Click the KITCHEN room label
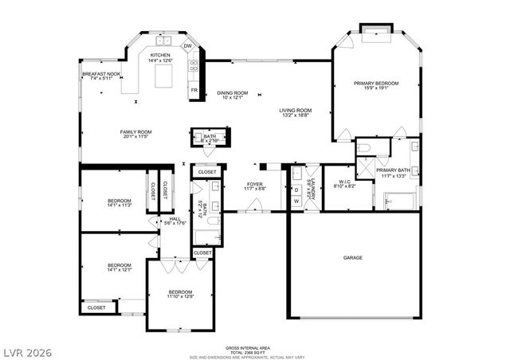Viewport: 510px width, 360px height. click(x=161, y=55)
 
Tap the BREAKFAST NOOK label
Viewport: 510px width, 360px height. click(x=101, y=73)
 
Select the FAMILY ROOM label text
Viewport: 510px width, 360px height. click(x=136, y=131)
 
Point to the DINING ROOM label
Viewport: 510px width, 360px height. click(x=233, y=93)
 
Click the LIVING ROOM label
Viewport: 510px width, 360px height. click(x=295, y=111)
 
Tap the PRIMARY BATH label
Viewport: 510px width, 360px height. click(x=393, y=170)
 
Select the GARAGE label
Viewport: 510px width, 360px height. click(x=353, y=257)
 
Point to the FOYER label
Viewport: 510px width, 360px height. click(x=255, y=184)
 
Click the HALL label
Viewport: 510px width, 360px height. click(x=174, y=218)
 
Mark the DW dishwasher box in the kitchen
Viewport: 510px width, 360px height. click(x=188, y=46)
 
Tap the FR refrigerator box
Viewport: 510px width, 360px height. click(x=194, y=91)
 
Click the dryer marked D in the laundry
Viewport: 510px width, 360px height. click(x=296, y=190)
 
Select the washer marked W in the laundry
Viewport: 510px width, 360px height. click(x=296, y=202)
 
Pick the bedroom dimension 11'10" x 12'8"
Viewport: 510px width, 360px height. click(x=181, y=297)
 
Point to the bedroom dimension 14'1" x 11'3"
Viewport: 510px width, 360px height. click(x=120, y=205)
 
